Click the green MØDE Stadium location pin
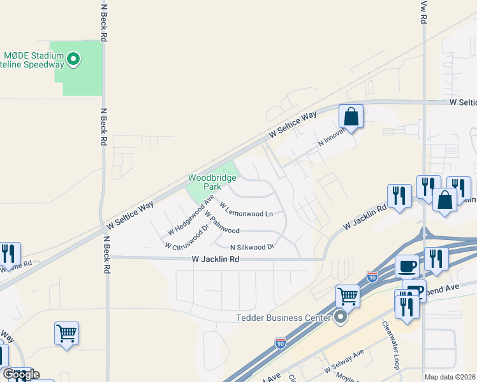click(x=73, y=60)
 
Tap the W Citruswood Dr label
click(x=186, y=237)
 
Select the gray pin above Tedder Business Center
click(x=341, y=316)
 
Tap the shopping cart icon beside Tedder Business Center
click(x=348, y=295)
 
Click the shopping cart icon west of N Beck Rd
click(x=66, y=332)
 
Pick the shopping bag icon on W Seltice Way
click(x=351, y=117)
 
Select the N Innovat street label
click(x=332, y=138)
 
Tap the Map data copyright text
click(x=450, y=377)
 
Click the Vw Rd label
click(x=423, y=11)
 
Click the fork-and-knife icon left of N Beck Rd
click(x=9, y=254)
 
